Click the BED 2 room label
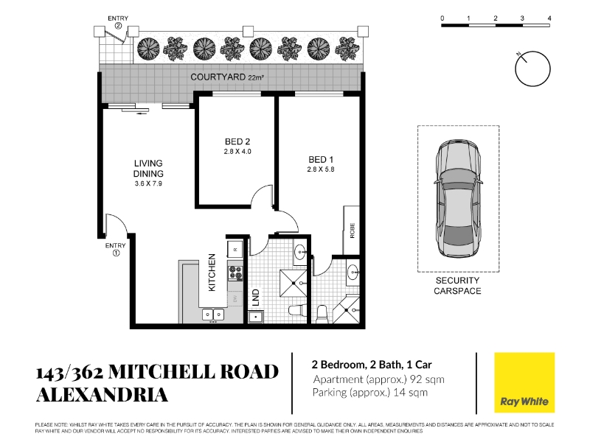coord(237,141)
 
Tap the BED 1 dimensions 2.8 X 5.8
coord(321,169)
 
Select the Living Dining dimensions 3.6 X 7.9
coord(148,183)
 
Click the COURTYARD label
coord(218,77)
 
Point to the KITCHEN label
coord(212,272)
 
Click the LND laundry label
coord(256,297)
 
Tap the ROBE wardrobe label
coord(353,231)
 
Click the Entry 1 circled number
coord(116,253)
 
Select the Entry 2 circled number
coord(118,26)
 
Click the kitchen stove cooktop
coord(235,273)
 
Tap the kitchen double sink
coord(213,315)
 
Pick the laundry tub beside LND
coord(256,317)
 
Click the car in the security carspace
coord(458,198)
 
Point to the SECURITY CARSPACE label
coord(457,286)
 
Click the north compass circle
coord(532,69)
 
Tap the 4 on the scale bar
coord(549,18)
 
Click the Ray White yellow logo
coord(524,382)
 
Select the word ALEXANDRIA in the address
coord(102,395)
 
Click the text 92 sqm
coord(427,379)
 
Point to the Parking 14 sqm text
coord(370,393)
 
